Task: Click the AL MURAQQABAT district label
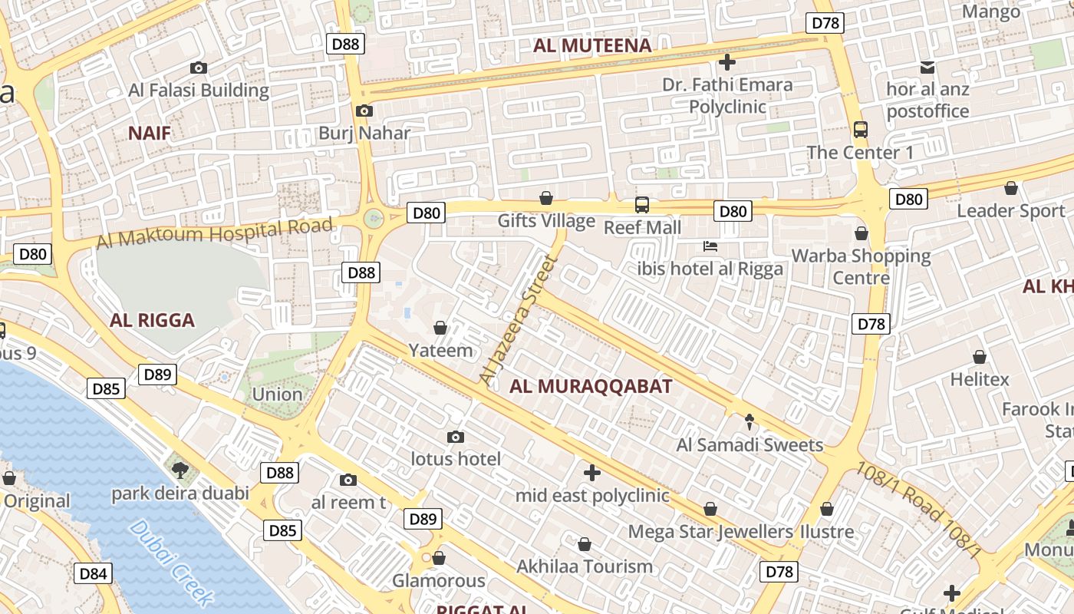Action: [x=591, y=387]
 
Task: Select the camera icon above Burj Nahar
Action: [x=364, y=111]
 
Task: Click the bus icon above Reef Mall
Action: [x=642, y=205]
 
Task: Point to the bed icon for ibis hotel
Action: [x=711, y=246]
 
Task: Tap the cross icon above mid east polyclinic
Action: [x=591, y=472]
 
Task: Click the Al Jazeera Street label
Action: [x=516, y=319]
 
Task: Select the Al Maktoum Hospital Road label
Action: [x=215, y=232]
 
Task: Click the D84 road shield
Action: [x=94, y=573]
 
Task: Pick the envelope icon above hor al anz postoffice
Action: [x=927, y=68]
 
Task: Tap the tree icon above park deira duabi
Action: [x=180, y=470]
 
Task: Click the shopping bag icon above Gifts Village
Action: [x=546, y=199]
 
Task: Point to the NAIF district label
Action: [x=150, y=134]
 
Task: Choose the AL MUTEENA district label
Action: [x=592, y=46]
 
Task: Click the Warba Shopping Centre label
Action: [x=861, y=266]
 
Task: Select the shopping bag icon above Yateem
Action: [x=440, y=328]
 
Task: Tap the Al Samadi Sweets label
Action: [x=749, y=445]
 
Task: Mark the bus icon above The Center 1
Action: [x=861, y=129]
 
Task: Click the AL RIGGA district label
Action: [x=152, y=321]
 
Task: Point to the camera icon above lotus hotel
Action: [x=456, y=437]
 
